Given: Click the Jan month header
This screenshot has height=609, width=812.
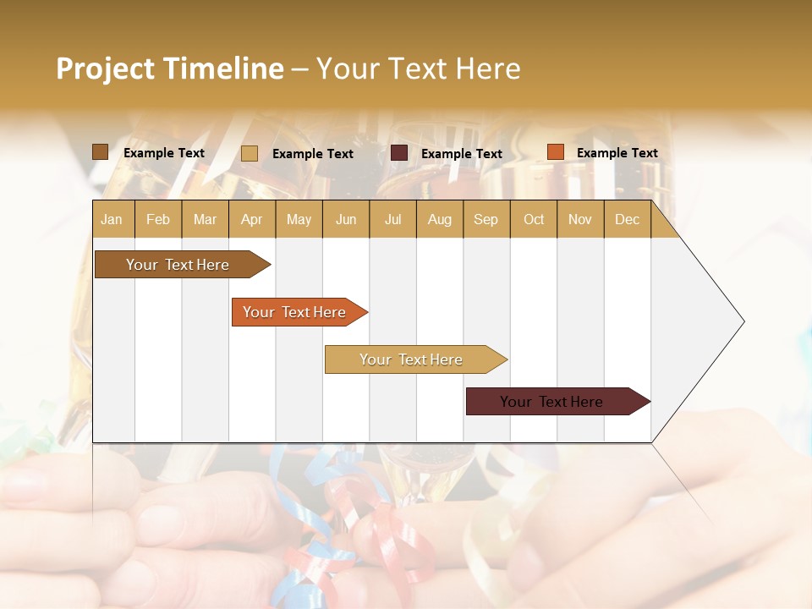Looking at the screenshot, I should (112, 219).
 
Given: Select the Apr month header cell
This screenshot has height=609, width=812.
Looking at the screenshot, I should (251, 219).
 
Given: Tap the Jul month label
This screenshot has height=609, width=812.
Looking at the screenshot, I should (392, 219).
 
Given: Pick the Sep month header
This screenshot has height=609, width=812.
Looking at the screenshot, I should (486, 219).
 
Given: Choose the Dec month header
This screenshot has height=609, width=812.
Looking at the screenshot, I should (627, 219).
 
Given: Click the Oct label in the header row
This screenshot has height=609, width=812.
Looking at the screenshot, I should (534, 219).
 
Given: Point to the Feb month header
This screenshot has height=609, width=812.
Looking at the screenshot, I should (158, 219).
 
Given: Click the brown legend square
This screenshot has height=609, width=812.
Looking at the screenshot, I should (101, 152).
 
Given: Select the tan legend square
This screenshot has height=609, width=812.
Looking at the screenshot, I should (250, 153).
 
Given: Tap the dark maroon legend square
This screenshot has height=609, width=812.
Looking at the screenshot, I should (399, 153).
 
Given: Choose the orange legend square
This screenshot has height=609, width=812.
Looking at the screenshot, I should (555, 152).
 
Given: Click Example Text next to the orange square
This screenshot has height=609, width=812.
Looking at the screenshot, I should (617, 153).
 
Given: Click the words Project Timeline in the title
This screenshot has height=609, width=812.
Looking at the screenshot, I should (169, 69).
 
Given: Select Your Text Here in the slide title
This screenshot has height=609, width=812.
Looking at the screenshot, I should (419, 69).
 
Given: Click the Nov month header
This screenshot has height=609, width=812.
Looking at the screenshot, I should (580, 219).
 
